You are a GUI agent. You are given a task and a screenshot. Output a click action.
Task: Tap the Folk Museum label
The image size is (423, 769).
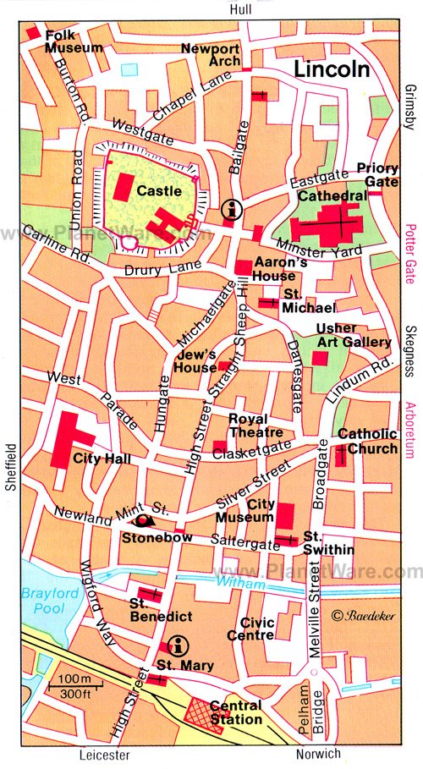point(74,41)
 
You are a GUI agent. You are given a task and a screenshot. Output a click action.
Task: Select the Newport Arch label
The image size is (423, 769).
point(212,55)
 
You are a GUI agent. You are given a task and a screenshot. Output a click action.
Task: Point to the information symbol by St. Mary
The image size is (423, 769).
point(177,645)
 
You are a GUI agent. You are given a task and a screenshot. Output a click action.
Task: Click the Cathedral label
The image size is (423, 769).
point(332,195)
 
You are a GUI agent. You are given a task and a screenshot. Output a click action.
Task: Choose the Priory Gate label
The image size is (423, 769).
point(376,174)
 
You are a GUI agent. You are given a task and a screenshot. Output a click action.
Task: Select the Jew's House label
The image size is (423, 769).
point(195,361)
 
